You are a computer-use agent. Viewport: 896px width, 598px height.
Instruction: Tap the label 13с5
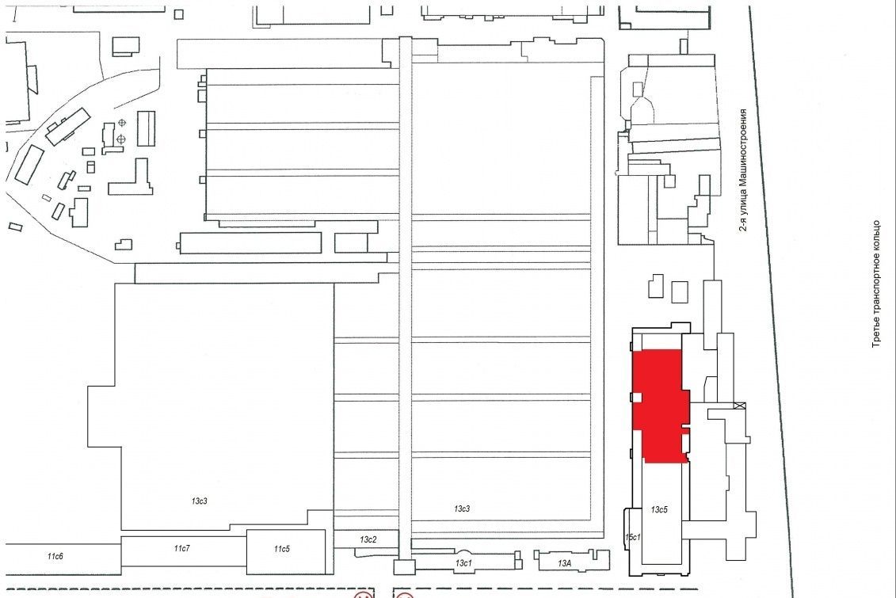pos(659,509)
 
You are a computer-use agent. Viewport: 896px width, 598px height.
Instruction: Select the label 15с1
pos(632,537)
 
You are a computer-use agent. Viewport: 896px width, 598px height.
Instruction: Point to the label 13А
pos(564,563)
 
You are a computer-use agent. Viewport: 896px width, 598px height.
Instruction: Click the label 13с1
pos(463,563)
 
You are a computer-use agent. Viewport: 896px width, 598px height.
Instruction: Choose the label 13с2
pos(368,539)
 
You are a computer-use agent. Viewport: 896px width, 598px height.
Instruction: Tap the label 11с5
pos(281,549)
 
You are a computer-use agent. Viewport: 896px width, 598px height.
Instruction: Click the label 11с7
pos(181,548)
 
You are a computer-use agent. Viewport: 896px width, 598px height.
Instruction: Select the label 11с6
pos(55,556)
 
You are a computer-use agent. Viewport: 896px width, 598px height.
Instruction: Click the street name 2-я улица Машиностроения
pos(743,169)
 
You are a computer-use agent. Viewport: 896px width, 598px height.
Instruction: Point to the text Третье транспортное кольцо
pos(876,284)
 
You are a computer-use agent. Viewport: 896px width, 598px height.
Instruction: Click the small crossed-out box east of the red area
pos(742,406)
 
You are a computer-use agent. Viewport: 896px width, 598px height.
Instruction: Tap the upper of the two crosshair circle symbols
pos(121,123)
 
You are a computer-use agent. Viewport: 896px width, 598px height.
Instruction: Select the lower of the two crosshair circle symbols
pos(121,139)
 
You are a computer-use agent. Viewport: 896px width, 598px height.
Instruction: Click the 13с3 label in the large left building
pos(200,501)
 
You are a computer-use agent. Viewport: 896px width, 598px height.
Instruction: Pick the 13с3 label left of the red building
pos(462,508)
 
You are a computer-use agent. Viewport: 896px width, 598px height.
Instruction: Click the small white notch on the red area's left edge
pos(637,398)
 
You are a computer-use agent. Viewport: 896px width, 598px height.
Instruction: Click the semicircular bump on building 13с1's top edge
pos(464,552)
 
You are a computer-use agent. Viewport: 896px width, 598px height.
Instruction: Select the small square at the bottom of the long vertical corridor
pos(404,567)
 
